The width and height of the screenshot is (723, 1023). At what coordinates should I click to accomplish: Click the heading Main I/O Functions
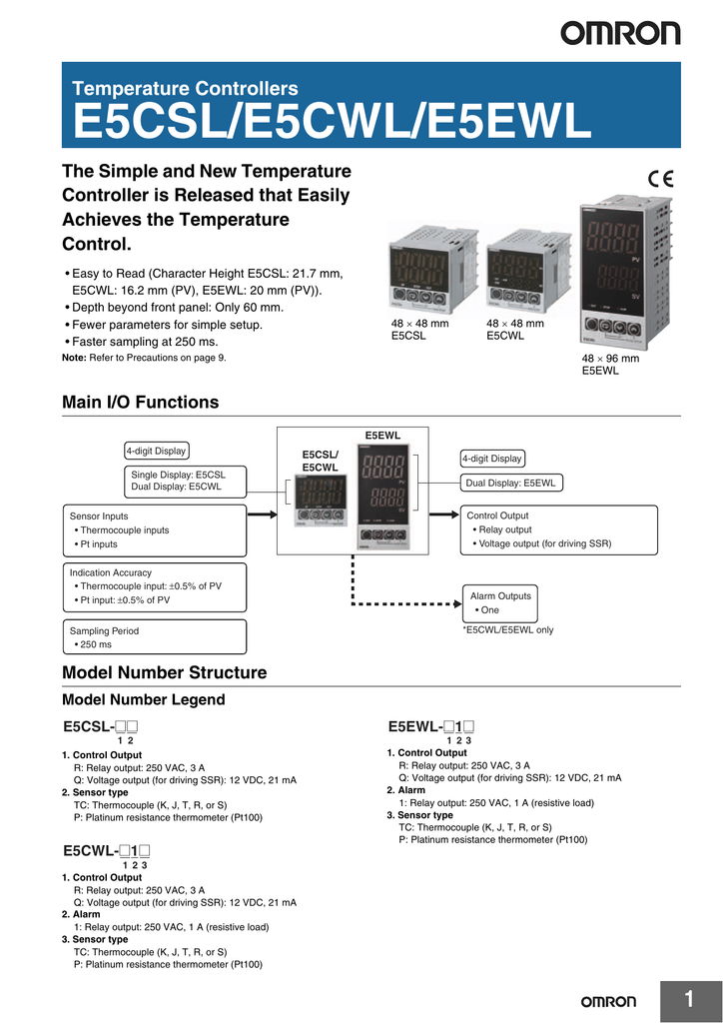(x=140, y=403)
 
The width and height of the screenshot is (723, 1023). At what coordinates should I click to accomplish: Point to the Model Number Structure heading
(x=164, y=672)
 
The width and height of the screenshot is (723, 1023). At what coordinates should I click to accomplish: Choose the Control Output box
(x=558, y=529)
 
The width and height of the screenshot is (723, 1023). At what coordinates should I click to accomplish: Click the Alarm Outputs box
(x=500, y=602)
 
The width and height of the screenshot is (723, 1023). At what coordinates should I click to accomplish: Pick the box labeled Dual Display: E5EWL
(x=510, y=484)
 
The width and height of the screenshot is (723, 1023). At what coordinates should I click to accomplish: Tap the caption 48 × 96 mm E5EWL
(x=606, y=364)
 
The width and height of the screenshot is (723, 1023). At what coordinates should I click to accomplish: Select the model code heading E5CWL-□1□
(x=112, y=851)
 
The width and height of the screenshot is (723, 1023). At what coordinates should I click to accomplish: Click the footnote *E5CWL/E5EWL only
(x=507, y=630)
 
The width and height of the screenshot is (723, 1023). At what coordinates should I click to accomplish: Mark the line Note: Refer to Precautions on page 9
(x=144, y=358)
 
